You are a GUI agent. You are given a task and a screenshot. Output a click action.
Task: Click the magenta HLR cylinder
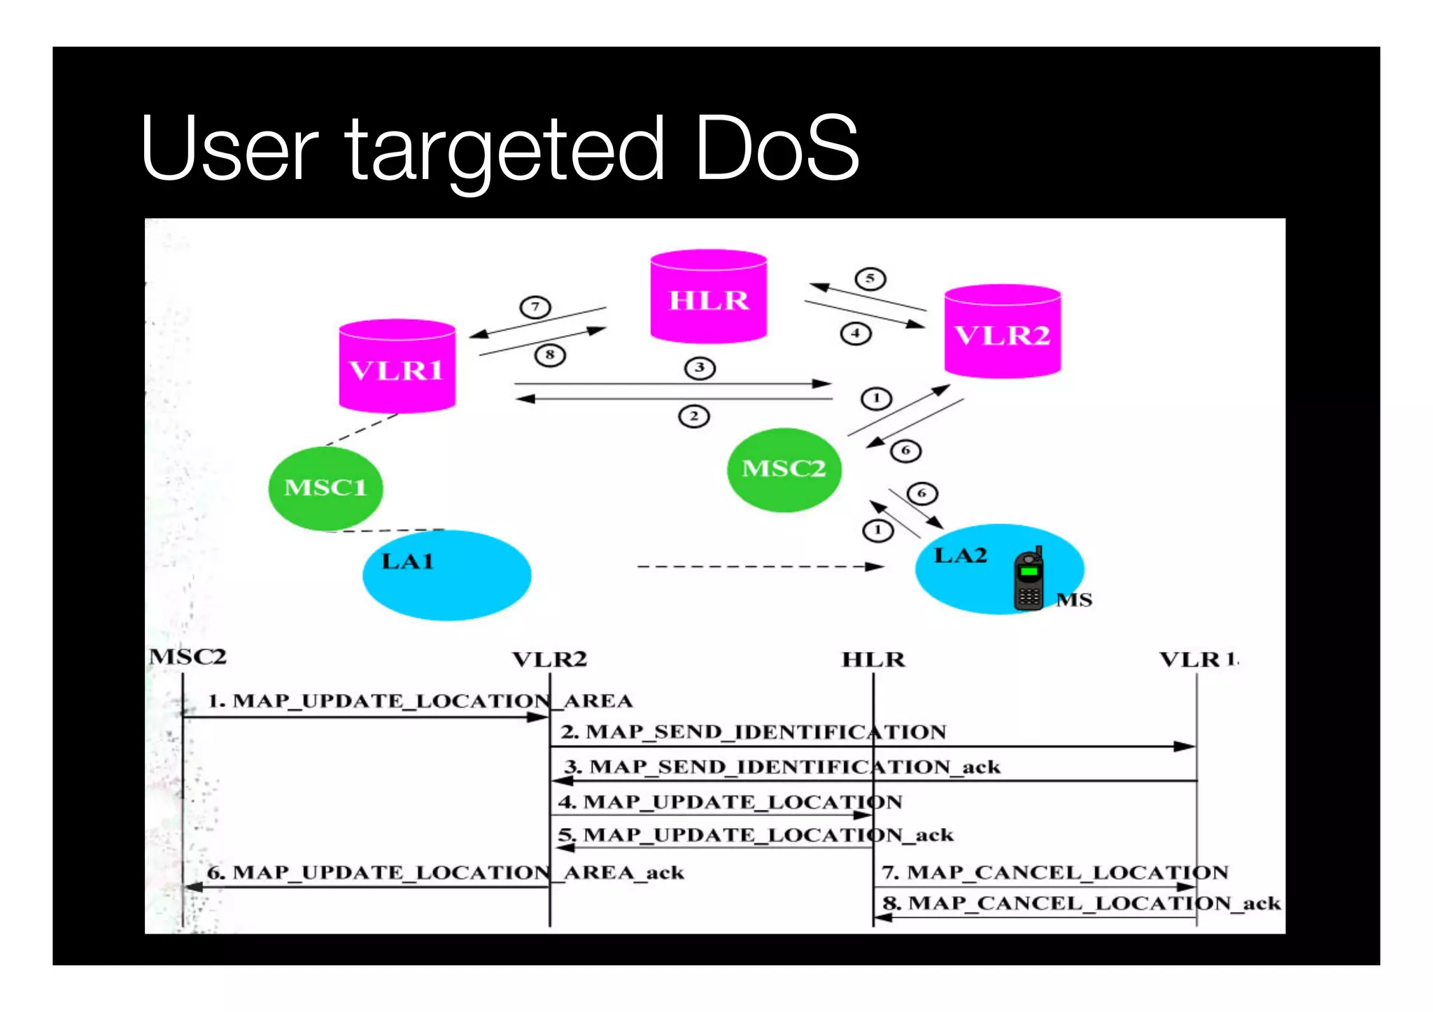(x=708, y=297)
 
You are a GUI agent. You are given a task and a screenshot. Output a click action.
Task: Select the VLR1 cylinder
(x=397, y=367)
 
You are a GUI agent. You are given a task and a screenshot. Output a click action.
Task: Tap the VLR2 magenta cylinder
(x=1002, y=332)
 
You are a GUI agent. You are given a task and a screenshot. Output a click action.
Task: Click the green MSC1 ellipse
(x=325, y=487)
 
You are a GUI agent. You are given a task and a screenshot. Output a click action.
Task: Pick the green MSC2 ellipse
(x=784, y=469)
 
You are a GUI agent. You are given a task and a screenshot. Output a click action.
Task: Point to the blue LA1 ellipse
(x=446, y=576)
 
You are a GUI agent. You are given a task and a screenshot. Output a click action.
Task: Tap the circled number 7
(x=535, y=307)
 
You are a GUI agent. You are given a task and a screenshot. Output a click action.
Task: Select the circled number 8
(x=550, y=355)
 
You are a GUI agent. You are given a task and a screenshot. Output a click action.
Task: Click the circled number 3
(x=700, y=368)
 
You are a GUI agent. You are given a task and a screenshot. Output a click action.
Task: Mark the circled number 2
(x=693, y=417)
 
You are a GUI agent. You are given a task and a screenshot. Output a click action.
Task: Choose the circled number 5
(x=870, y=279)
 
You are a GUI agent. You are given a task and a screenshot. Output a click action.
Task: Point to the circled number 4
(x=855, y=334)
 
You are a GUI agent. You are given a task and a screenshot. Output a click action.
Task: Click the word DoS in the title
(x=777, y=148)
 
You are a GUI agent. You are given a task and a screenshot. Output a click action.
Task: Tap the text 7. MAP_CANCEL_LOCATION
(x=1054, y=872)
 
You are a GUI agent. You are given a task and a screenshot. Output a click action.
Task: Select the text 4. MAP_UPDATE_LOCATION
(x=730, y=801)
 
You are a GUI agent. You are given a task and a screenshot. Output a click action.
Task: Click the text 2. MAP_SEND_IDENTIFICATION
(x=753, y=732)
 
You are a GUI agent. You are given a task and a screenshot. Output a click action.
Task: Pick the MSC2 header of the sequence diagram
(x=188, y=657)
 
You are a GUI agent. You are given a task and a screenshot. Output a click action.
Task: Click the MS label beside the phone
(x=1073, y=600)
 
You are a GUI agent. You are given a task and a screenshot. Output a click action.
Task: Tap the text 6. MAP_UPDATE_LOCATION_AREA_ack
(x=445, y=873)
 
